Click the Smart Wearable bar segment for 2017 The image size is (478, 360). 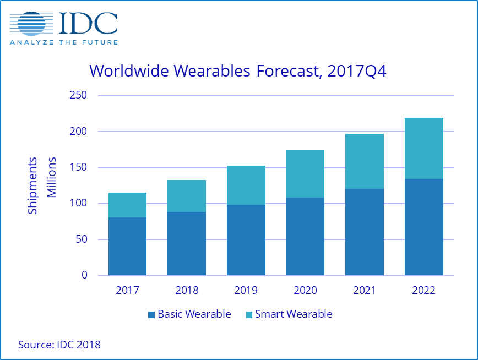127,205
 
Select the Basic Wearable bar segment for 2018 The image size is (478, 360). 187,243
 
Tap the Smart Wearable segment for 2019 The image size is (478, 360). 246,185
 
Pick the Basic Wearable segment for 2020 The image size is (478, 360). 305,236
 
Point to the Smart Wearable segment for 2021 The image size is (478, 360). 364,161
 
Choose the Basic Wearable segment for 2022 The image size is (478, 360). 423,227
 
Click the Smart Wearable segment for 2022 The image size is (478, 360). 423,148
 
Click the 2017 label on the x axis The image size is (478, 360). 127,290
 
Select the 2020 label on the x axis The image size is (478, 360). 305,290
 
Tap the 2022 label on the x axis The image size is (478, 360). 423,290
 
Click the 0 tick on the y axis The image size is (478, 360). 84,275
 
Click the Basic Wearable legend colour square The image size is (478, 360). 151,315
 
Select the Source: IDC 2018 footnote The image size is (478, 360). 59,345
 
